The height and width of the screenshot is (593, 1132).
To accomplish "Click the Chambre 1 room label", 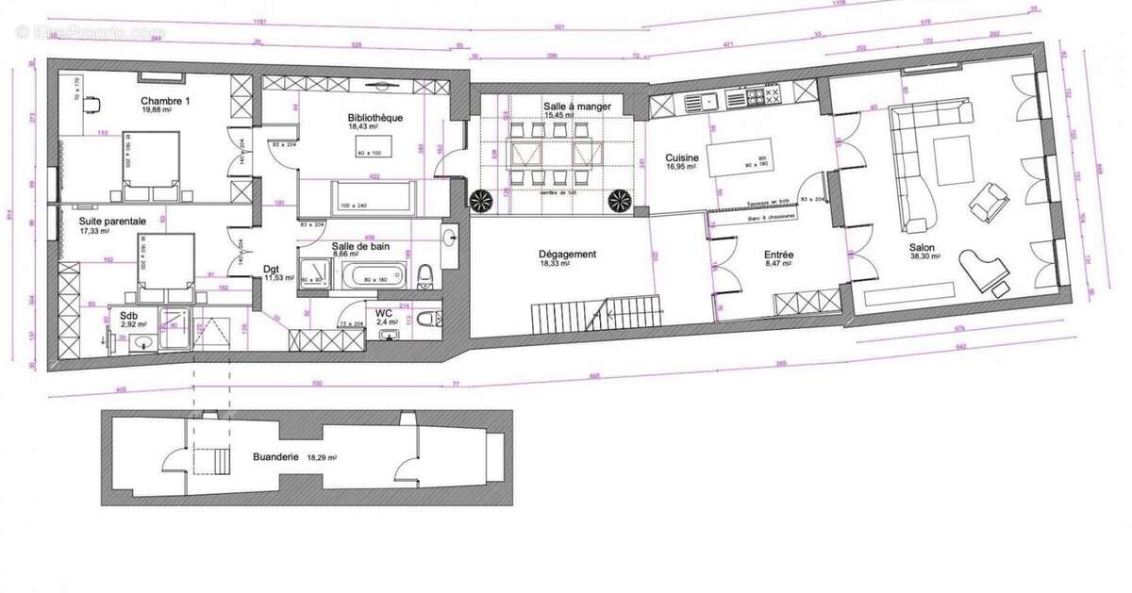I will point(166,101).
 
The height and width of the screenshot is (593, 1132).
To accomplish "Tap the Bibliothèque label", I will point(375,118).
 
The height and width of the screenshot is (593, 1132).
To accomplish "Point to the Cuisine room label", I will point(682,157).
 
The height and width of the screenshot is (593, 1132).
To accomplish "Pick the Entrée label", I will point(778,255).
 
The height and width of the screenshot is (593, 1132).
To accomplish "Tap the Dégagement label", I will point(568,254).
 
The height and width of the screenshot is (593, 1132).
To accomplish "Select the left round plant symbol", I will point(481,200).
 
